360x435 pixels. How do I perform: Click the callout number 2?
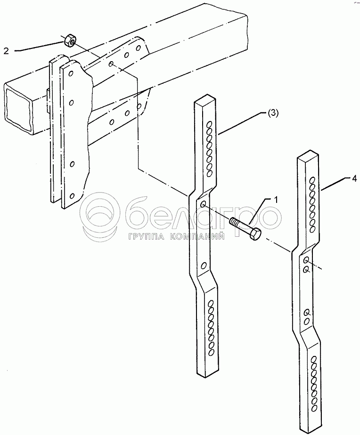tap(6, 51)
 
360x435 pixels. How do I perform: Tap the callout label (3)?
tap(272, 113)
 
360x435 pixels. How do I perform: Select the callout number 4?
tap(354, 179)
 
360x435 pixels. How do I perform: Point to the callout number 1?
tap(275, 199)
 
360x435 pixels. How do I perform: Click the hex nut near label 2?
tap(70, 40)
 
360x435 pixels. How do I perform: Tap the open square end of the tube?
tap(17, 107)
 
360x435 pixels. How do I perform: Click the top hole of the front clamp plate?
tap(72, 73)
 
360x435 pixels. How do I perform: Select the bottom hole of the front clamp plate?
tap(72, 196)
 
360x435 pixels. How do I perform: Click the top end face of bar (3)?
tap(205, 100)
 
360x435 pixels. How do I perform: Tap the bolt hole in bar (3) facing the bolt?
tap(203, 204)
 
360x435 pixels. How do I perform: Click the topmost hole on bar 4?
tap(312, 180)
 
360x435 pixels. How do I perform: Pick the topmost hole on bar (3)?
tap(210, 123)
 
